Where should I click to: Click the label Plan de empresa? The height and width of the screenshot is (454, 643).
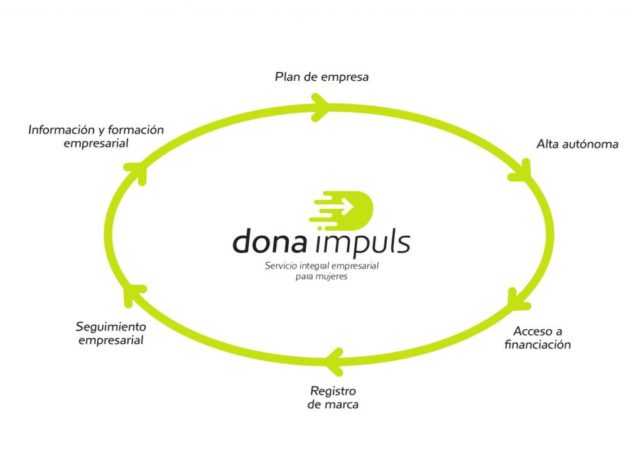[321, 77]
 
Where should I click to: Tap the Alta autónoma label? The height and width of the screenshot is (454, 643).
[578, 144]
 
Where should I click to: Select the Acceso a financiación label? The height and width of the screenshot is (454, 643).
[538, 337]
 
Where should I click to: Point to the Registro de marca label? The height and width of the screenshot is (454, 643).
[333, 398]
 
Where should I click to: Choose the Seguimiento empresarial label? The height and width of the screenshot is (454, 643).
[111, 333]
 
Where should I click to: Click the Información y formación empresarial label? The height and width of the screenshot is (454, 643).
[96, 136]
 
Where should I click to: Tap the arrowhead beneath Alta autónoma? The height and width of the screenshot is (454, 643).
[520, 171]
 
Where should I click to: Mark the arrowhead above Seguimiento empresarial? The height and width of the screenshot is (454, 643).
[134, 295]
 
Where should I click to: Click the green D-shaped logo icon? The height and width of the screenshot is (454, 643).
[341, 210]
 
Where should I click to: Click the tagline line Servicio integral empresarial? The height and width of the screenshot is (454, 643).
[321, 266]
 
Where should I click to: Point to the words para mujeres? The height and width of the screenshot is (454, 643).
[321, 277]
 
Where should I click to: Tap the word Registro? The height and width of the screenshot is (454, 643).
[333, 391]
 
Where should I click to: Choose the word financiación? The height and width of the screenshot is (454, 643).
[538, 344]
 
